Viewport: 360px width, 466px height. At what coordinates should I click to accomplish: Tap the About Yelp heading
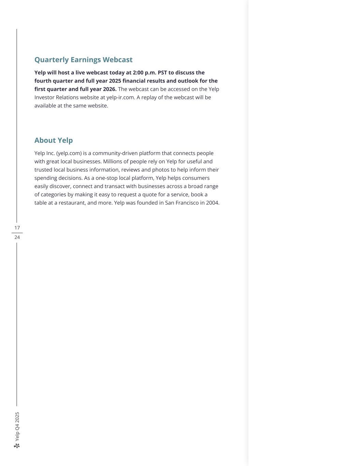point(54,140)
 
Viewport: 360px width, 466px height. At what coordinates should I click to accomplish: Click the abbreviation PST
point(163,73)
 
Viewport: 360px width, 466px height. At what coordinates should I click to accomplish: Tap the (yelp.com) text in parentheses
point(69,153)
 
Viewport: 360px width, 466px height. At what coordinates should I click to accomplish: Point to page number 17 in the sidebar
point(17,228)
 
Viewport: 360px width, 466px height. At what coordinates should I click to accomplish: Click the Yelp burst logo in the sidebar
point(17,446)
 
